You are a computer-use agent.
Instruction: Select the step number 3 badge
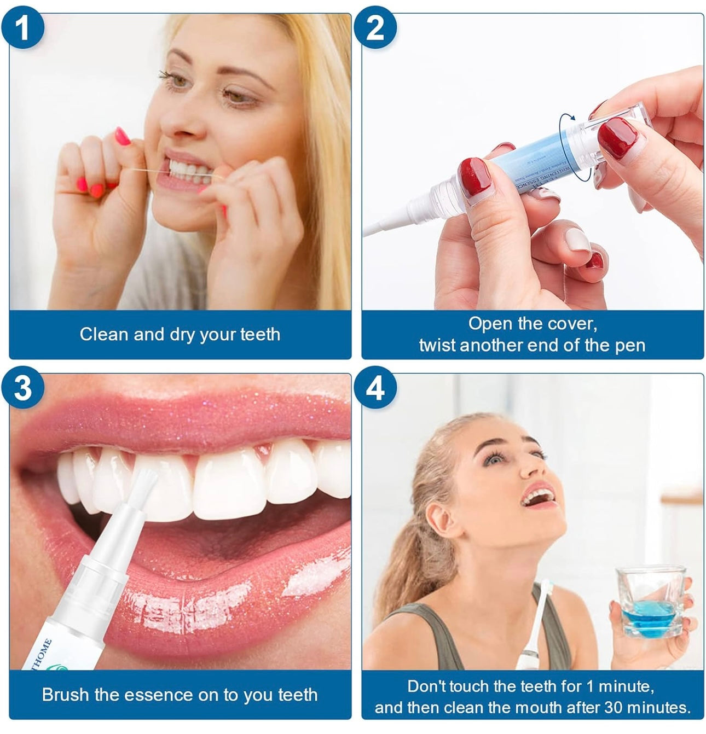(22, 388)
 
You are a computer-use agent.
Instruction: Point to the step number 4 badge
(375, 388)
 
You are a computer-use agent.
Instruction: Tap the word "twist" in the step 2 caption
(437, 346)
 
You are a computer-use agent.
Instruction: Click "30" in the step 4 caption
(615, 707)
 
